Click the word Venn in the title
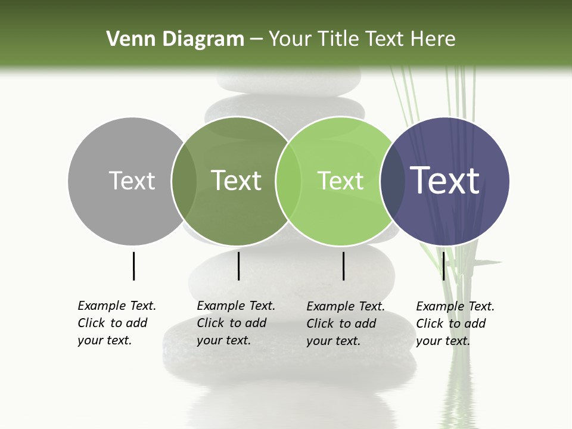pos(126,39)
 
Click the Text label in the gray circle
pos(132,181)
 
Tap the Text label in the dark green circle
pos(236,181)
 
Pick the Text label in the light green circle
pos(340,181)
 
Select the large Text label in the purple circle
pos(444,181)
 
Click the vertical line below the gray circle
pos(133,266)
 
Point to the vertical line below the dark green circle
pos(238,266)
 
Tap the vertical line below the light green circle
pos(343,266)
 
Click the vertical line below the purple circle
pos(443,266)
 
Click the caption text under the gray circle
pos(116,323)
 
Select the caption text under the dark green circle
pos(235,323)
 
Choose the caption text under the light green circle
pos(345,324)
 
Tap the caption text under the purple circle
pos(455,324)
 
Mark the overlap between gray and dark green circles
pos(184,181)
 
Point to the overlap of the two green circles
pos(288,181)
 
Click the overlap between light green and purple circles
pos(392,181)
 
